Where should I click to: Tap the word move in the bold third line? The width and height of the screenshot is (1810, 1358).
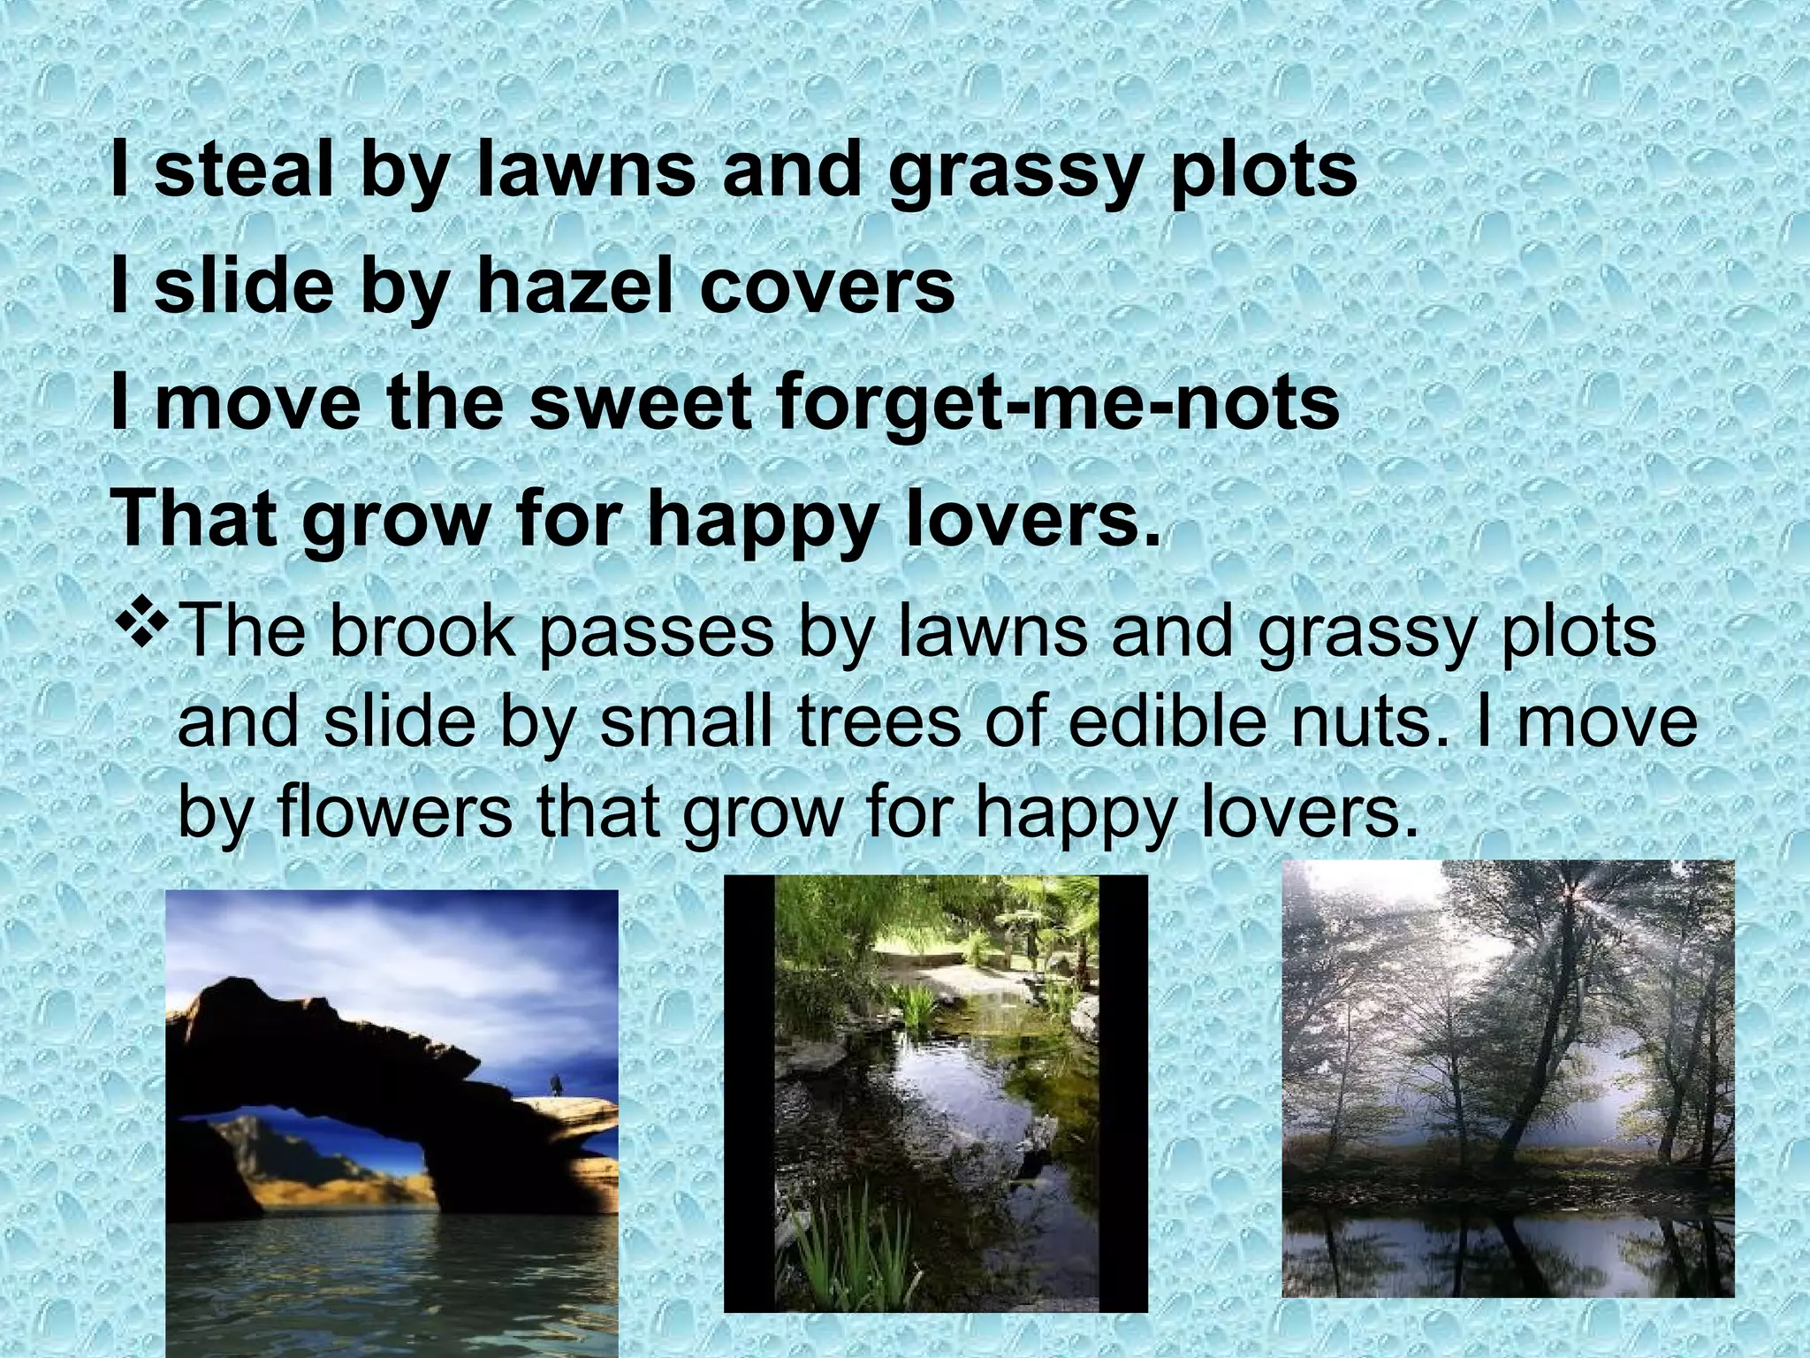257,403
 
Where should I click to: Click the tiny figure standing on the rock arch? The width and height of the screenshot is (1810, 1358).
556,1084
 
